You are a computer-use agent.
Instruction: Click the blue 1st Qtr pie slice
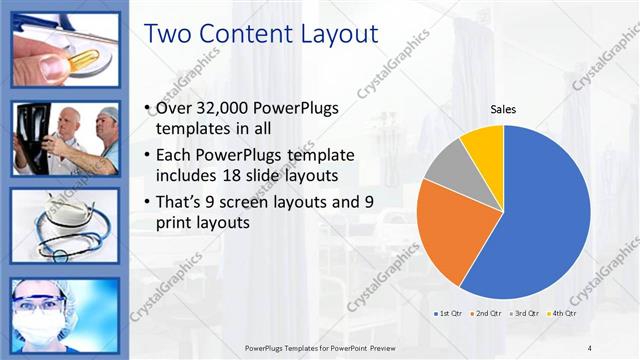[x=540, y=220]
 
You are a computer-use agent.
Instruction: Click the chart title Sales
[x=502, y=110]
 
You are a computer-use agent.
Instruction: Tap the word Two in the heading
[x=170, y=34]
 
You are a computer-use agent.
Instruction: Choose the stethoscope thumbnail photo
[x=65, y=225]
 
